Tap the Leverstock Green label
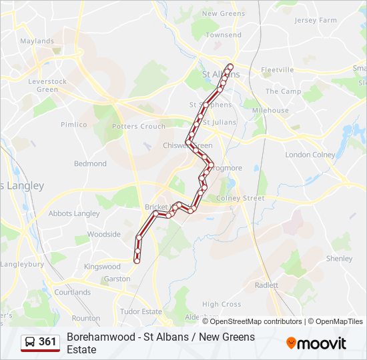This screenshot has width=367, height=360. pyautogui.click(x=47, y=85)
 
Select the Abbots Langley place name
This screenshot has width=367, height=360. pyautogui.click(x=74, y=214)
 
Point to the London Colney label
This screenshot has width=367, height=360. pyautogui.click(x=310, y=155)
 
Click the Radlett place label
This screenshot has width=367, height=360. pyautogui.click(x=266, y=285)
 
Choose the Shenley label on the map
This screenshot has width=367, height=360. pyautogui.click(x=339, y=259)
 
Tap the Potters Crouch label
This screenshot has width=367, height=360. pyautogui.click(x=139, y=127)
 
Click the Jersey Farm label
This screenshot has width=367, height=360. pyautogui.click(x=316, y=21)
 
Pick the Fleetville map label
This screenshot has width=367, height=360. pyautogui.click(x=278, y=70)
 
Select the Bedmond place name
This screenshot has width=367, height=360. pyautogui.click(x=90, y=163)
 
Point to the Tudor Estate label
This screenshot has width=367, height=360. pyautogui.click(x=141, y=311)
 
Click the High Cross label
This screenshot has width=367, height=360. pyautogui.click(x=222, y=304)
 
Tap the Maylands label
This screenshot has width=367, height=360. pyautogui.click(x=37, y=41)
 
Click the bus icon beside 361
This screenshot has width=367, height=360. pyautogui.click(x=30, y=342)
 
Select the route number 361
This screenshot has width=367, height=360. pyautogui.click(x=47, y=342)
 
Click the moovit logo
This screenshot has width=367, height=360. pyautogui.click(x=316, y=343)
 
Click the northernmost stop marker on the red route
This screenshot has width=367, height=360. pyautogui.click(x=230, y=66)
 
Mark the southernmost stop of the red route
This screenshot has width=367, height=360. pyautogui.click(x=137, y=261)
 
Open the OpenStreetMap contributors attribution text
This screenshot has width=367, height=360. pyautogui.click(x=247, y=321)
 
